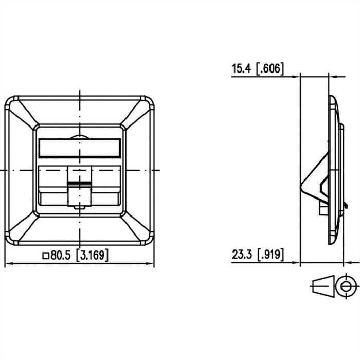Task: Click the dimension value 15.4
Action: tap(242, 68)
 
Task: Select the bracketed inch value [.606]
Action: tap(270, 68)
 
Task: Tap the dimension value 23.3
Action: tap(242, 254)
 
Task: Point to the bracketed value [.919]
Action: tap(270, 254)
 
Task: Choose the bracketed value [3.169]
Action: tap(92, 255)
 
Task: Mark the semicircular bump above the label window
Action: tap(79, 137)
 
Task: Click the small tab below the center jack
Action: tap(79, 207)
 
